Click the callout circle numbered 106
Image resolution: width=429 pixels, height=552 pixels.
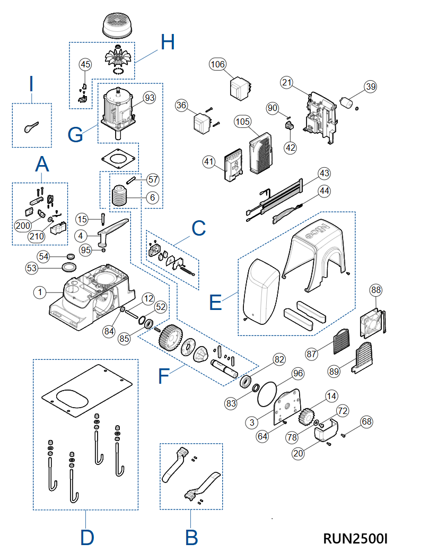point(217,65)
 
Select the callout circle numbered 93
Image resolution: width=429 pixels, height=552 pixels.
point(150,98)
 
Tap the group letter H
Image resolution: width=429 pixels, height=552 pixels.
point(167,42)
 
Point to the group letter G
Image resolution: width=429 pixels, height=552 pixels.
point(75,134)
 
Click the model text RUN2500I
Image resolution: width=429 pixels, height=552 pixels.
point(355,538)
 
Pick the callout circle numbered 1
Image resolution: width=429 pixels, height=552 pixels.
point(40,291)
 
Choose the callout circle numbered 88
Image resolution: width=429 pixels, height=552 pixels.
point(376,290)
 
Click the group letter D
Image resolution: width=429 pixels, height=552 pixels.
point(87,538)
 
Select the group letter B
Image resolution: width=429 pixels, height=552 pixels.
point(191,538)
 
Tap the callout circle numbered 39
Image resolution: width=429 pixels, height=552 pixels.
point(370,87)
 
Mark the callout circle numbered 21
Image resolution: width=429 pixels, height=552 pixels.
point(287,82)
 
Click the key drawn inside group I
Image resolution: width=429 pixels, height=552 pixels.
point(30,126)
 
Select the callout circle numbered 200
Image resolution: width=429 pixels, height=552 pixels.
point(23,226)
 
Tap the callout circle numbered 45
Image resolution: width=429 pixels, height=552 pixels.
point(85,64)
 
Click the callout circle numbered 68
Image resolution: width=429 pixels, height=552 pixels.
point(366,421)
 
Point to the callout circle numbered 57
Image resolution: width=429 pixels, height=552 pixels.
point(153,179)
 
